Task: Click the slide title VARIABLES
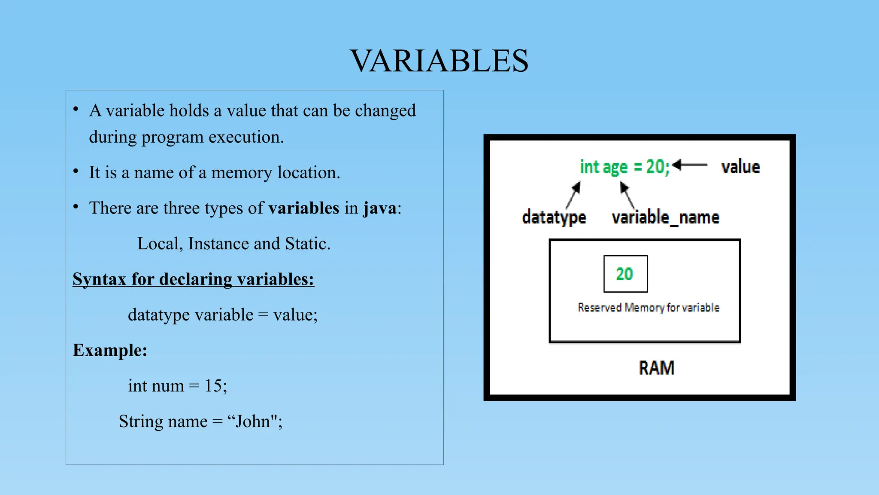tap(439, 61)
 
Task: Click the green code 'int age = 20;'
tap(624, 167)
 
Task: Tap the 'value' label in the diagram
tap(740, 167)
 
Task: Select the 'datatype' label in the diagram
tap(554, 217)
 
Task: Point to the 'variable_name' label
tap(665, 217)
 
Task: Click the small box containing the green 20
tap(625, 274)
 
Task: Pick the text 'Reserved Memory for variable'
tap(648, 308)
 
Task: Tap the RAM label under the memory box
tap(656, 368)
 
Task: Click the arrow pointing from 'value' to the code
tap(690, 165)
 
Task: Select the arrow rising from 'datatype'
tap(573, 195)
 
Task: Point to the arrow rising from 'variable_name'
tap(627, 196)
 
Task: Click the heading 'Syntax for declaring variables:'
tap(193, 279)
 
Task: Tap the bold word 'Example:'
tap(110, 350)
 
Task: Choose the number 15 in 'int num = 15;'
tap(213, 386)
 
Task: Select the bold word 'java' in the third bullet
tap(380, 208)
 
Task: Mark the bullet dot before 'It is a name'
tap(76, 172)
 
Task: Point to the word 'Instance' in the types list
tap(218, 244)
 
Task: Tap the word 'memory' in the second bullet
tap(242, 173)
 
